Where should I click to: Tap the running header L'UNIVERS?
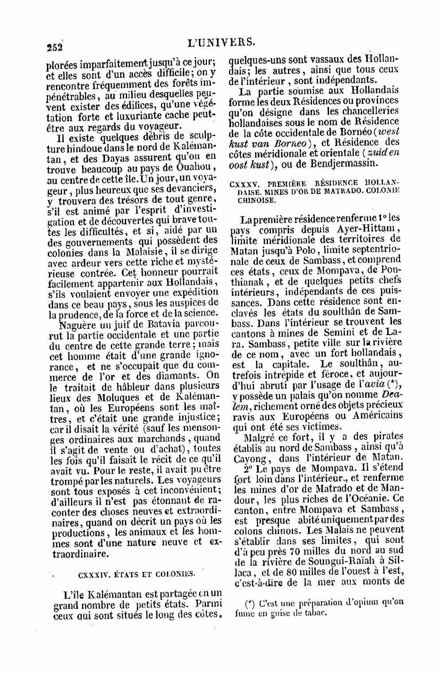pyautogui.click(x=221, y=42)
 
